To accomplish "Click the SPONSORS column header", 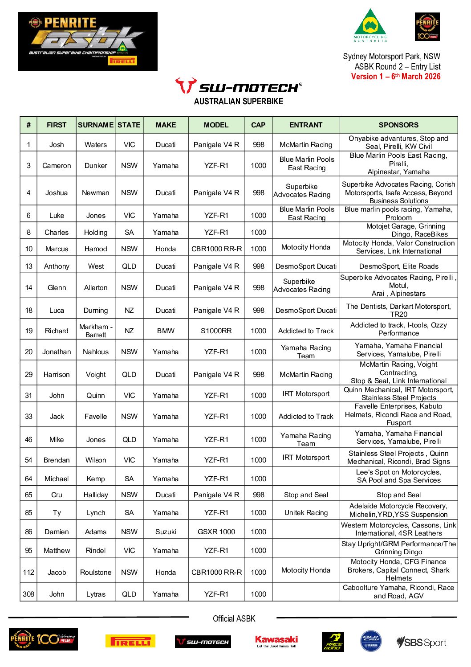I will [x=398, y=125].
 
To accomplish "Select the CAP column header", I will [x=258, y=125].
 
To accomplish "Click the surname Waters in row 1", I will [x=96, y=144].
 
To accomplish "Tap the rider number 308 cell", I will [x=28, y=594].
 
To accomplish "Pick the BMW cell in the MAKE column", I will [x=166, y=331].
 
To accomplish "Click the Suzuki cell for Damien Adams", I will [x=166, y=532].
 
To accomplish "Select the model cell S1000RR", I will [x=216, y=331].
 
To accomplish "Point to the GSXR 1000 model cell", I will [x=216, y=532].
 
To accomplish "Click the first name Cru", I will [x=57, y=495].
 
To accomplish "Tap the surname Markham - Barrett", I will [x=96, y=331].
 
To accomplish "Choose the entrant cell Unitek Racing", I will [x=306, y=512].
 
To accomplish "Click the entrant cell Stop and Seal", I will [x=306, y=495].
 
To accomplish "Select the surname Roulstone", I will [x=96, y=572].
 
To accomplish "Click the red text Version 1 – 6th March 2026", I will [x=395, y=76].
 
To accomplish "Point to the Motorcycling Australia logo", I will [x=370, y=25].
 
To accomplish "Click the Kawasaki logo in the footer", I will [x=276, y=641].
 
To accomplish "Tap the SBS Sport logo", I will [x=421, y=642].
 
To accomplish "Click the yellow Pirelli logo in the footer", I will [x=130, y=641].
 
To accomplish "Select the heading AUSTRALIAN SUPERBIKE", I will [x=238, y=101].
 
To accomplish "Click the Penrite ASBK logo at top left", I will [x=88, y=41].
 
